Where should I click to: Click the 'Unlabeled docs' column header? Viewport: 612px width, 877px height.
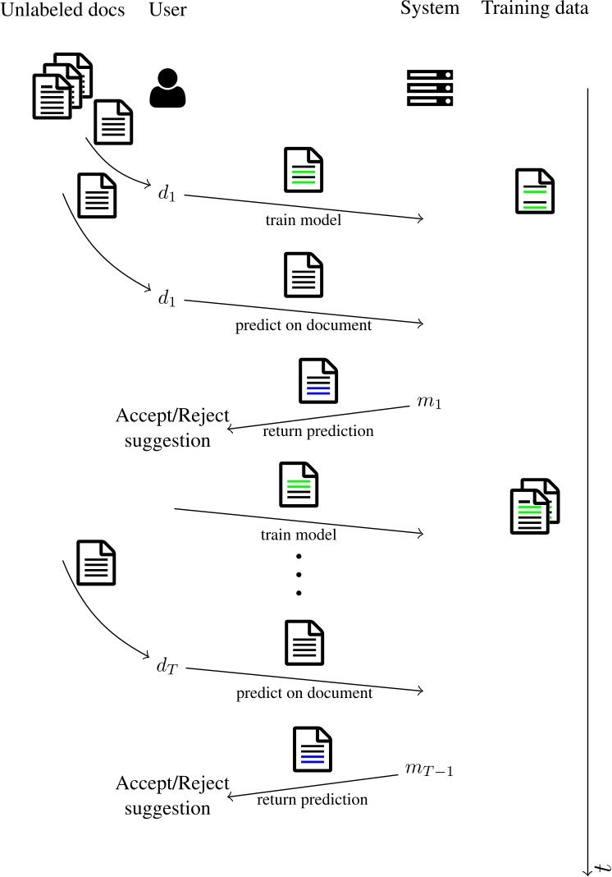click(62, 10)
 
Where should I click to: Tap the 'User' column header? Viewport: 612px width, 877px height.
click(168, 10)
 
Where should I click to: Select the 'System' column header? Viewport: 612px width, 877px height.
click(430, 10)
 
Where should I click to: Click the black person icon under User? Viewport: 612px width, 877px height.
click(167, 88)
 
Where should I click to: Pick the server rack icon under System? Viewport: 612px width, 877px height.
click(430, 88)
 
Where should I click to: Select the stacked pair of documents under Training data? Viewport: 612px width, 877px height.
click(535, 506)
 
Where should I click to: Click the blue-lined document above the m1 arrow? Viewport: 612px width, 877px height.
click(317, 381)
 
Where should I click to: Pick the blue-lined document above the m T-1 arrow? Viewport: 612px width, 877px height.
click(312, 749)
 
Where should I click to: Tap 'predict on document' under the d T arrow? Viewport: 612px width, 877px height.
click(304, 693)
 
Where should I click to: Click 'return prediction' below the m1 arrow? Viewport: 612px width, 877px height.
click(318, 431)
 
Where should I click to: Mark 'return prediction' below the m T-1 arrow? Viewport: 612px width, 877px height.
click(313, 799)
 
